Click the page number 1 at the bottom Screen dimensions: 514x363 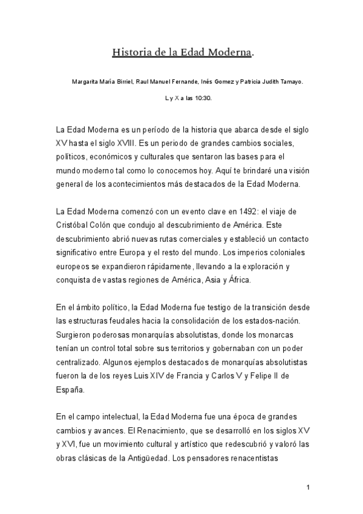[x=308, y=487]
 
